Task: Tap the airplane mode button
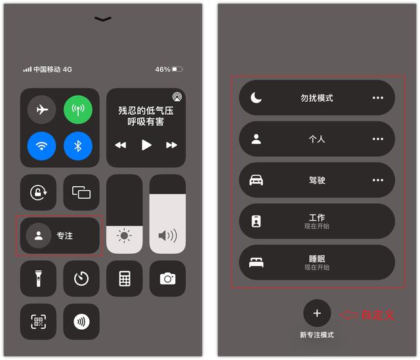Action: click(x=41, y=110)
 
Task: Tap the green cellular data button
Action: click(x=78, y=110)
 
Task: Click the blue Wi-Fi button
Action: click(x=41, y=146)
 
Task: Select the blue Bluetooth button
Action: click(x=78, y=146)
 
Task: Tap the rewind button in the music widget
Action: click(x=120, y=145)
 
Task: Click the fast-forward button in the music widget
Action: click(x=171, y=145)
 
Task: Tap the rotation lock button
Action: click(x=38, y=193)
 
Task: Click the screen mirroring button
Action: click(x=81, y=193)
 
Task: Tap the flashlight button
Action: click(x=38, y=279)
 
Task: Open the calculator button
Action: click(x=125, y=279)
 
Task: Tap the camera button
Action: click(x=168, y=279)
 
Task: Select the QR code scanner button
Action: click(x=38, y=321)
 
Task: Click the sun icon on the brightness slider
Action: click(x=125, y=235)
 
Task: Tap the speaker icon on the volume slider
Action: click(x=167, y=235)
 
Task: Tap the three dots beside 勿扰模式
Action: click(x=378, y=98)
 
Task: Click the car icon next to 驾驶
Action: click(x=256, y=180)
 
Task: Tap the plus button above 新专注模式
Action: click(x=317, y=313)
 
